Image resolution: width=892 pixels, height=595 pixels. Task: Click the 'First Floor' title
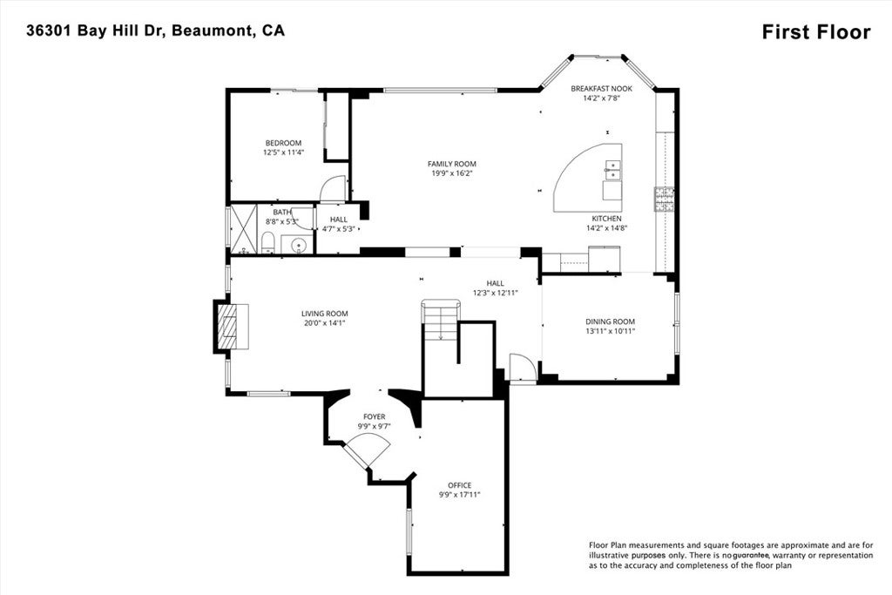(x=815, y=32)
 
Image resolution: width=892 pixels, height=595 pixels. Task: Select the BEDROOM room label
(x=283, y=143)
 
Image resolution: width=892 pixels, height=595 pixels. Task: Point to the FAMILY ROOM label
(x=451, y=164)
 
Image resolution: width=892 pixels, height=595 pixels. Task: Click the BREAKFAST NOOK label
(x=601, y=89)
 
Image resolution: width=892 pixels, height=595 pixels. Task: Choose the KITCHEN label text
(x=607, y=219)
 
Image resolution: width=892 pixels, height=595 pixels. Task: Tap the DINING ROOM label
(x=610, y=321)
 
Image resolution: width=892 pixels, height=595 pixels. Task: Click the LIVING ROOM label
(x=325, y=314)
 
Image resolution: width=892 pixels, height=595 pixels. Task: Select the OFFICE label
(x=459, y=485)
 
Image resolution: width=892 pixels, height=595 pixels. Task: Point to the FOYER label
(x=374, y=416)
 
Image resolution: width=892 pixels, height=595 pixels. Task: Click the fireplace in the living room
(x=232, y=327)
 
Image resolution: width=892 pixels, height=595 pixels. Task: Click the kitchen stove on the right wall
(x=665, y=200)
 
